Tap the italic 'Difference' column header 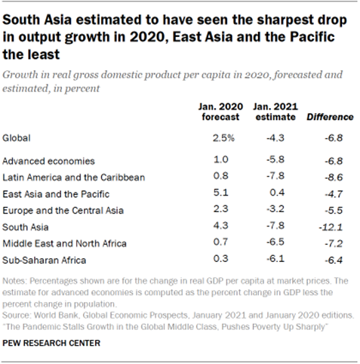pyautogui.click(x=329, y=117)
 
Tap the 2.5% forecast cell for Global pyautogui.click(x=214, y=138)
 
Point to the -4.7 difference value pyautogui.click(x=332, y=193)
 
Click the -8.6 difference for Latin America pyautogui.click(x=332, y=177)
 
